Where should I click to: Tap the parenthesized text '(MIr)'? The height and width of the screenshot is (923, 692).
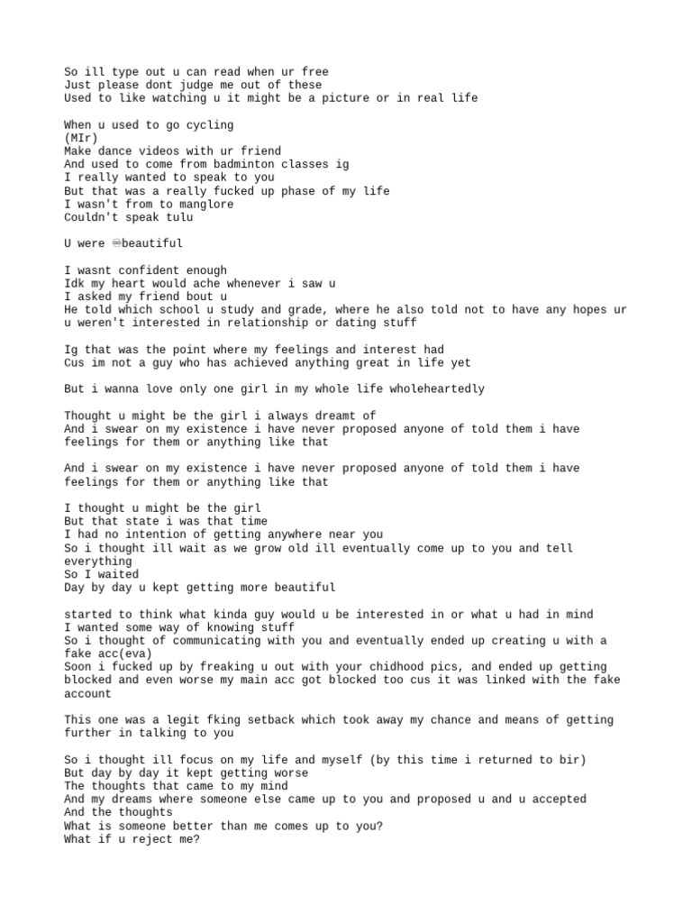[x=81, y=138]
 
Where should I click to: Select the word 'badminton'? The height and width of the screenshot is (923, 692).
[x=241, y=164]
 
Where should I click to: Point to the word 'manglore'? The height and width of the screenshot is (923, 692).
[x=205, y=204]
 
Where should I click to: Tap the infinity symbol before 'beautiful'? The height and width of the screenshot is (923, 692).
[x=117, y=243]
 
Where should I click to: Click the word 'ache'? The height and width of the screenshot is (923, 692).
[x=158, y=283]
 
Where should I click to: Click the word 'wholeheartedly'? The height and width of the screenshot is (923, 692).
[x=436, y=389]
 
